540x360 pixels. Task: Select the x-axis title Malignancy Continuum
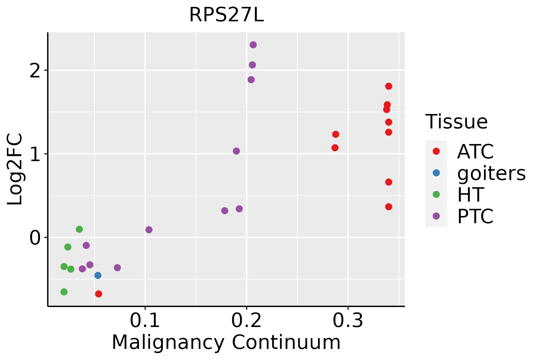(226, 342)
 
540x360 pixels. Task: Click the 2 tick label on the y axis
(35, 70)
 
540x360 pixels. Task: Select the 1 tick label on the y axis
(35, 154)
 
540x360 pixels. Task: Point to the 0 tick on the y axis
(35, 238)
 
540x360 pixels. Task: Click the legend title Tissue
(457, 122)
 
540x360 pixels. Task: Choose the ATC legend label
(475, 151)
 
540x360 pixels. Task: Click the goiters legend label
(491, 173)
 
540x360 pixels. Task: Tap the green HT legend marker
(436, 194)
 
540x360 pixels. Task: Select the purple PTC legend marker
(436, 216)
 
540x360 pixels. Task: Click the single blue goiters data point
(98, 275)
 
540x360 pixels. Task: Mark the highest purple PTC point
(253, 45)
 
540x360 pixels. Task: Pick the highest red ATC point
(388, 86)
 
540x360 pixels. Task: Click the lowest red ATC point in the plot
(98, 294)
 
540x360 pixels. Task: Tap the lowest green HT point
(64, 292)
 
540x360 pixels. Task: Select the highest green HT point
(79, 229)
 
